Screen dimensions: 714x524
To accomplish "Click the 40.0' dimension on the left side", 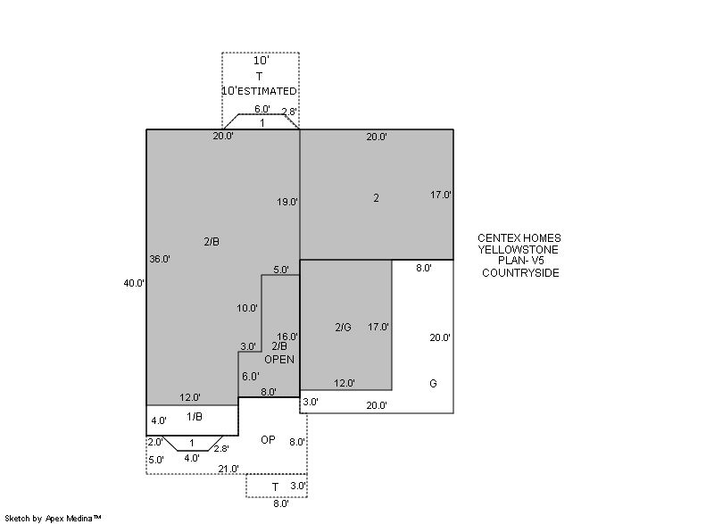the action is click(x=134, y=283).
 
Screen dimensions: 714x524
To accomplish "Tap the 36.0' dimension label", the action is click(x=160, y=259).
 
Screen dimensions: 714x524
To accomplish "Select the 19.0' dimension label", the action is click(x=287, y=202).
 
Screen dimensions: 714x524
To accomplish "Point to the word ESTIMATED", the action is click(x=267, y=91).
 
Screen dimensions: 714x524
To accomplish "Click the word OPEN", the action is click(x=279, y=360).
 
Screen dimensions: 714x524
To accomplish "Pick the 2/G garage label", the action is click(x=344, y=328).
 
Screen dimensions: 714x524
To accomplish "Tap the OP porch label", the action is click(x=268, y=440).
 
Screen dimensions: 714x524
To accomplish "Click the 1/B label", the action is click(x=195, y=417).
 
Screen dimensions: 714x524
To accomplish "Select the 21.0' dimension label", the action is click(x=228, y=469).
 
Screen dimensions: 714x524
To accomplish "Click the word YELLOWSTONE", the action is click(x=519, y=249).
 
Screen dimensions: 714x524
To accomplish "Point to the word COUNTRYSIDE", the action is click(x=520, y=273).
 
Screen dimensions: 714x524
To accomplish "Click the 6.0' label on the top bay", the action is click(x=262, y=109).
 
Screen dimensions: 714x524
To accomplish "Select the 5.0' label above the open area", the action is click(x=281, y=270).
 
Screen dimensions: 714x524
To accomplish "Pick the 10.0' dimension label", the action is click(x=247, y=308).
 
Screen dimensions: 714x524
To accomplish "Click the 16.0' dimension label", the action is click(x=287, y=337).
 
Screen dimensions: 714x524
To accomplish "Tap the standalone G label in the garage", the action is click(x=433, y=383).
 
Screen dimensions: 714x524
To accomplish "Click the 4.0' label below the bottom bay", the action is click(x=192, y=459).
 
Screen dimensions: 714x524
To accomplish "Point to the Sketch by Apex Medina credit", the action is click(x=53, y=519).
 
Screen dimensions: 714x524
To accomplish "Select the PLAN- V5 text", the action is click(x=520, y=261).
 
